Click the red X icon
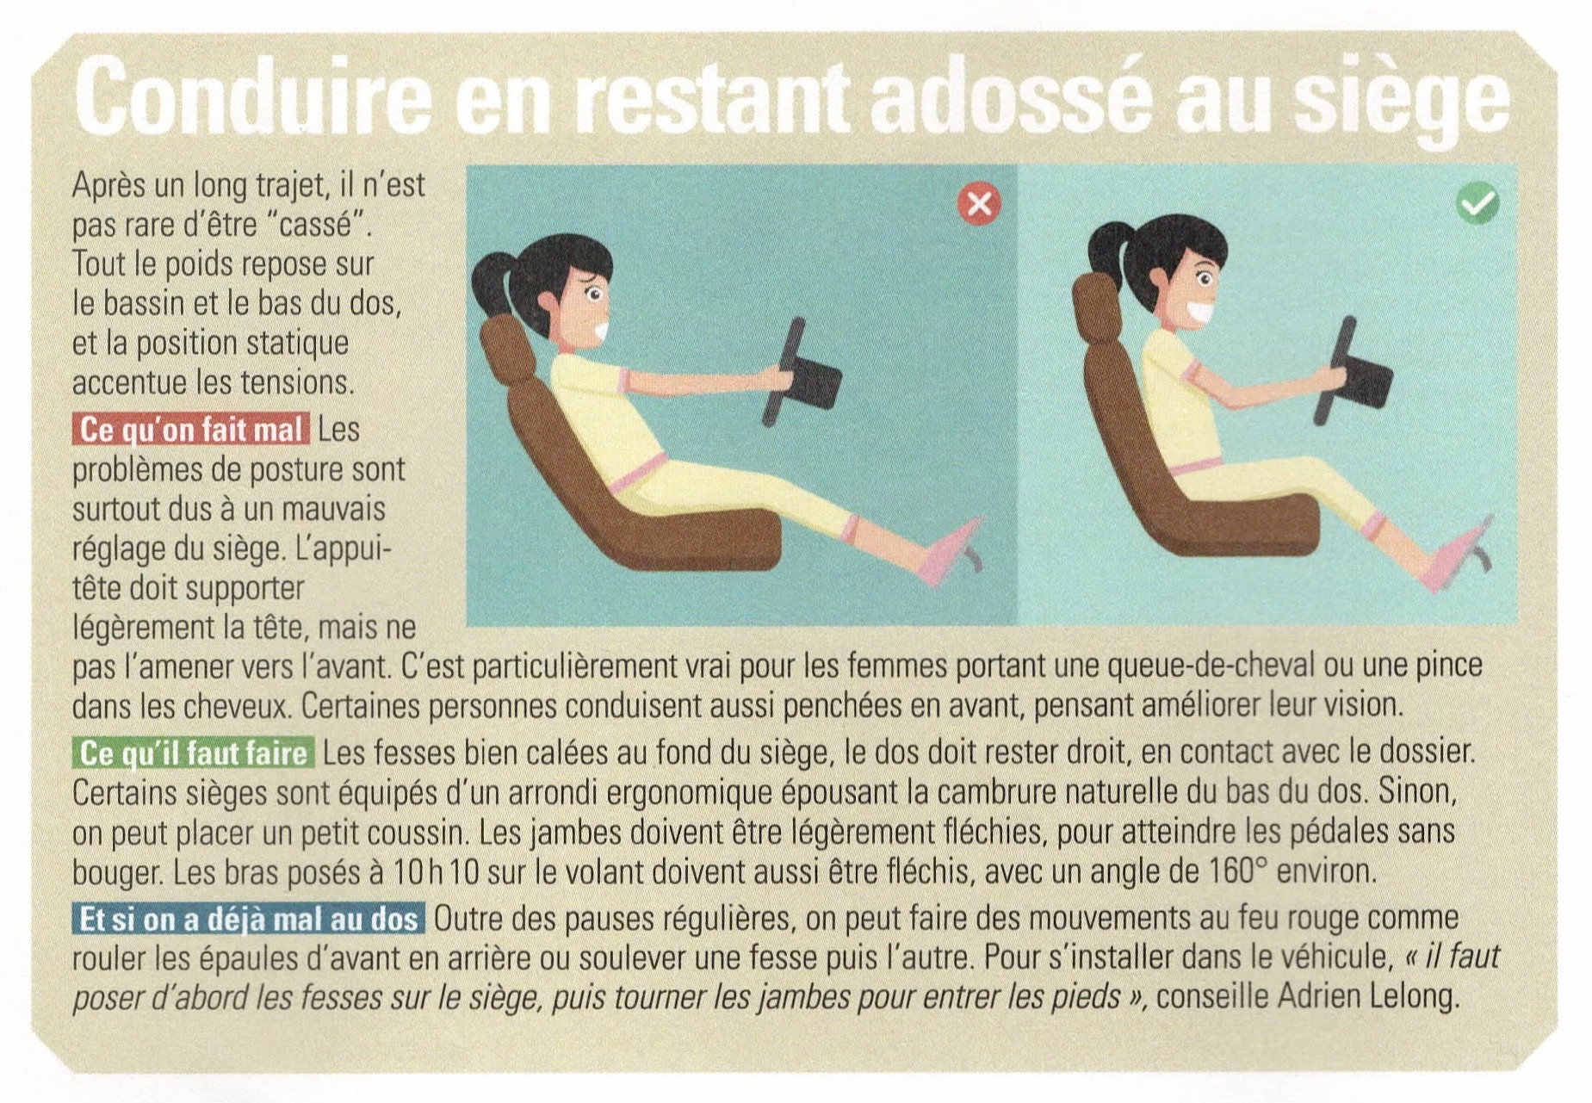[979, 204]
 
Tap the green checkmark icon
[1477, 203]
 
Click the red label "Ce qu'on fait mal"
[191, 429]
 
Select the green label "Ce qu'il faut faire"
[194, 753]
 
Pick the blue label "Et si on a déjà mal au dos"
[249, 918]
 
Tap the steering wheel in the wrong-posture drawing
[801, 374]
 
